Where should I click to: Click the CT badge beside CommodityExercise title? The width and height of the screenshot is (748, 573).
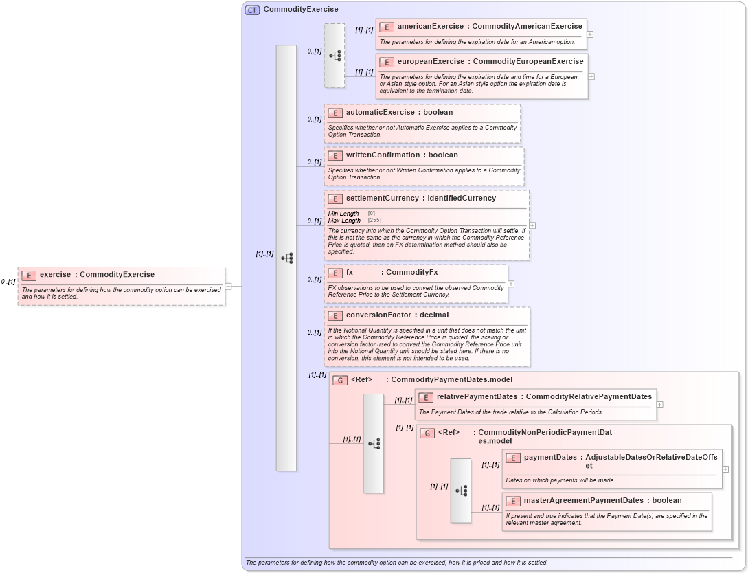pyautogui.click(x=252, y=10)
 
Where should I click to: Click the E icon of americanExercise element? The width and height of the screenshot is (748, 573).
pyautogui.click(x=387, y=27)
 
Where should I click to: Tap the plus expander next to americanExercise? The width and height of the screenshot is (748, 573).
pyautogui.click(x=590, y=34)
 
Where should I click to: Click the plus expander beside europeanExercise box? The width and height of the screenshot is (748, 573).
pyautogui.click(x=591, y=76)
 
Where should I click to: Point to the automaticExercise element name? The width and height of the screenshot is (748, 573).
pyautogui.click(x=380, y=113)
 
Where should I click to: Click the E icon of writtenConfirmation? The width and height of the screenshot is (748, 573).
pyautogui.click(x=335, y=155)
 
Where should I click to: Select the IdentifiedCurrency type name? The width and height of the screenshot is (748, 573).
pyautogui.click(x=462, y=199)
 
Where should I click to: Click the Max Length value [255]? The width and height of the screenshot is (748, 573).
pyautogui.click(x=374, y=221)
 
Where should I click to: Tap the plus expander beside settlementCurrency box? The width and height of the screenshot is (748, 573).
pyautogui.click(x=532, y=225)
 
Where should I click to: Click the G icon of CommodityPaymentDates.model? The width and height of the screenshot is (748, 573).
pyautogui.click(x=339, y=380)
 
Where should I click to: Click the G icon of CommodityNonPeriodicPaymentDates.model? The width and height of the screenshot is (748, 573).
pyautogui.click(x=427, y=433)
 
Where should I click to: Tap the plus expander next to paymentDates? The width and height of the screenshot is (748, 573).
pyautogui.click(x=725, y=469)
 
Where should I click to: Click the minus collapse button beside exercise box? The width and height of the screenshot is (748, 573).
pyautogui.click(x=229, y=286)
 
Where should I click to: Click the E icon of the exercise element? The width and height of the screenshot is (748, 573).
pyautogui.click(x=29, y=276)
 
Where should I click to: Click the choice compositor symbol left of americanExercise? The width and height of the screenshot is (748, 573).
pyautogui.click(x=335, y=56)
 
